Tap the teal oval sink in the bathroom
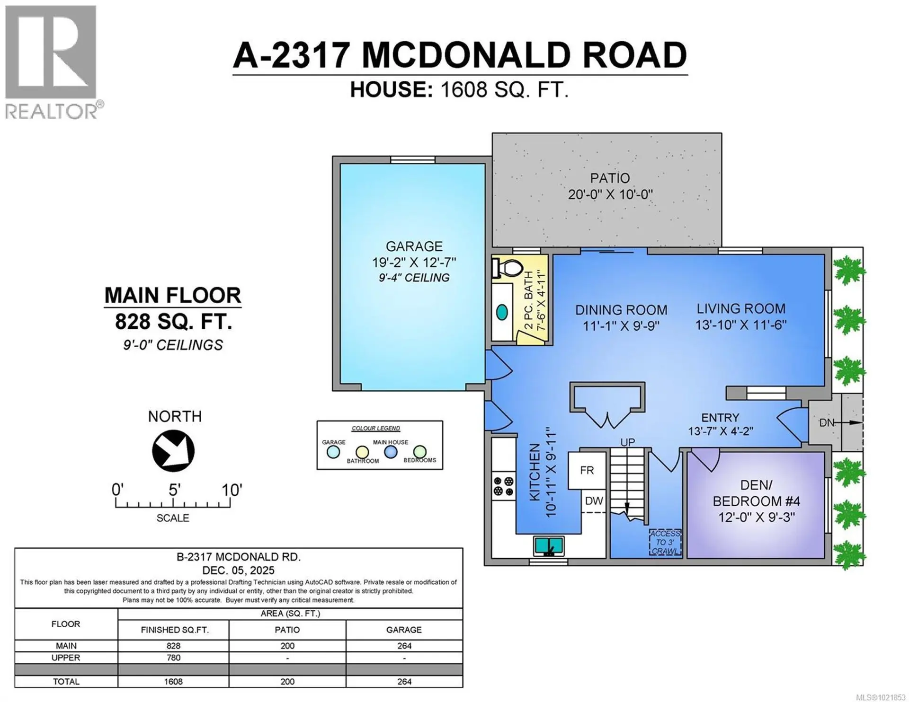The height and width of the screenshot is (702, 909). pyautogui.click(x=502, y=312)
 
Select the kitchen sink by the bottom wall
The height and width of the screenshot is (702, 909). pyautogui.click(x=549, y=546)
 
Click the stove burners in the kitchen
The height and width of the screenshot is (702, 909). pyautogui.click(x=504, y=487)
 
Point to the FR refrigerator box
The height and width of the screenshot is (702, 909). pyautogui.click(x=587, y=471)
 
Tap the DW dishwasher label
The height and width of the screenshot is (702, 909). pyautogui.click(x=594, y=501)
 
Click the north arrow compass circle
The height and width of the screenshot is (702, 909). pyautogui.click(x=173, y=451)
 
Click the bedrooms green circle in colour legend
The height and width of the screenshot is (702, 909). pyautogui.click(x=419, y=452)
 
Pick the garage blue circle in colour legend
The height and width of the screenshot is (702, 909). pyautogui.click(x=333, y=452)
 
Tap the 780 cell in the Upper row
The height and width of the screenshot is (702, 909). pyautogui.click(x=173, y=658)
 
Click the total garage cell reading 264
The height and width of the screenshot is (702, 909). pyautogui.click(x=404, y=682)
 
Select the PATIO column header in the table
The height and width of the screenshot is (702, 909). pyautogui.click(x=287, y=630)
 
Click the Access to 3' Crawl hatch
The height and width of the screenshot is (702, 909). pyautogui.click(x=665, y=543)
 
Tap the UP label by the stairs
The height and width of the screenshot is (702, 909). pyautogui.click(x=628, y=442)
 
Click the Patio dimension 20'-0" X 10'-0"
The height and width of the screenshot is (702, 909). pyautogui.click(x=610, y=194)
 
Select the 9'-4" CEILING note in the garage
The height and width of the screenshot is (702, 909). pyautogui.click(x=414, y=278)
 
